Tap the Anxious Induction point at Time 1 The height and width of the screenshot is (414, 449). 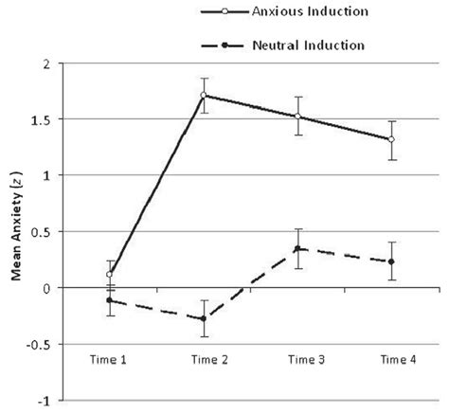tap(111, 274)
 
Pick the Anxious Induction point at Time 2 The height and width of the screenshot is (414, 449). tap(205, 96)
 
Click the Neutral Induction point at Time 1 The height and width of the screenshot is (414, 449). tap(111, 300)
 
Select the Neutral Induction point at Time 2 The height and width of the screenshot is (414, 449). tap(205, 318)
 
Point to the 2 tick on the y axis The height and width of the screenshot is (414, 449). tap(45, 63)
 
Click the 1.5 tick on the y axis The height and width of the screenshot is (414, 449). tap(41, 119)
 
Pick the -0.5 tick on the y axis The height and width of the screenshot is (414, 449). tap(39, 343)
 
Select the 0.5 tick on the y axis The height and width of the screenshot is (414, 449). tap(41, 231)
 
